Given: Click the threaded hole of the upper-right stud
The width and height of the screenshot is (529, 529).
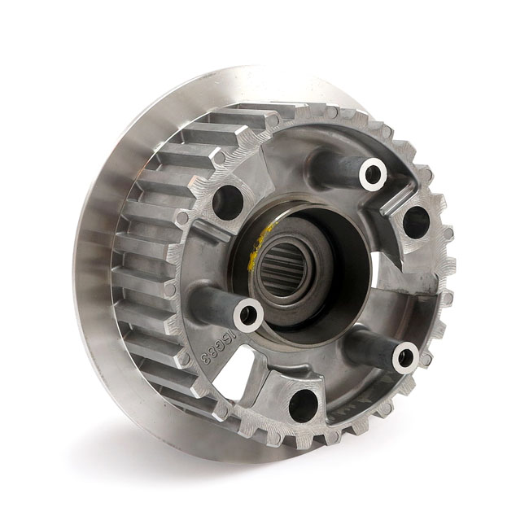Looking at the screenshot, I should tap(374, 173).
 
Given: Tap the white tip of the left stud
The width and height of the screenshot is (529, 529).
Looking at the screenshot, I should tap(248, 314).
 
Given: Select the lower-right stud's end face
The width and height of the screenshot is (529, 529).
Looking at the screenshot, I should tap(405, 356).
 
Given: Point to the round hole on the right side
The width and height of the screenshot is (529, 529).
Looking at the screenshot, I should tap(416, 221).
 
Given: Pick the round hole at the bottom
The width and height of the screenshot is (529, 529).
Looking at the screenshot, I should tap(304, 404).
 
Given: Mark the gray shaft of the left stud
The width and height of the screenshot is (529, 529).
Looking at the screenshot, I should tap(213, 302).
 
